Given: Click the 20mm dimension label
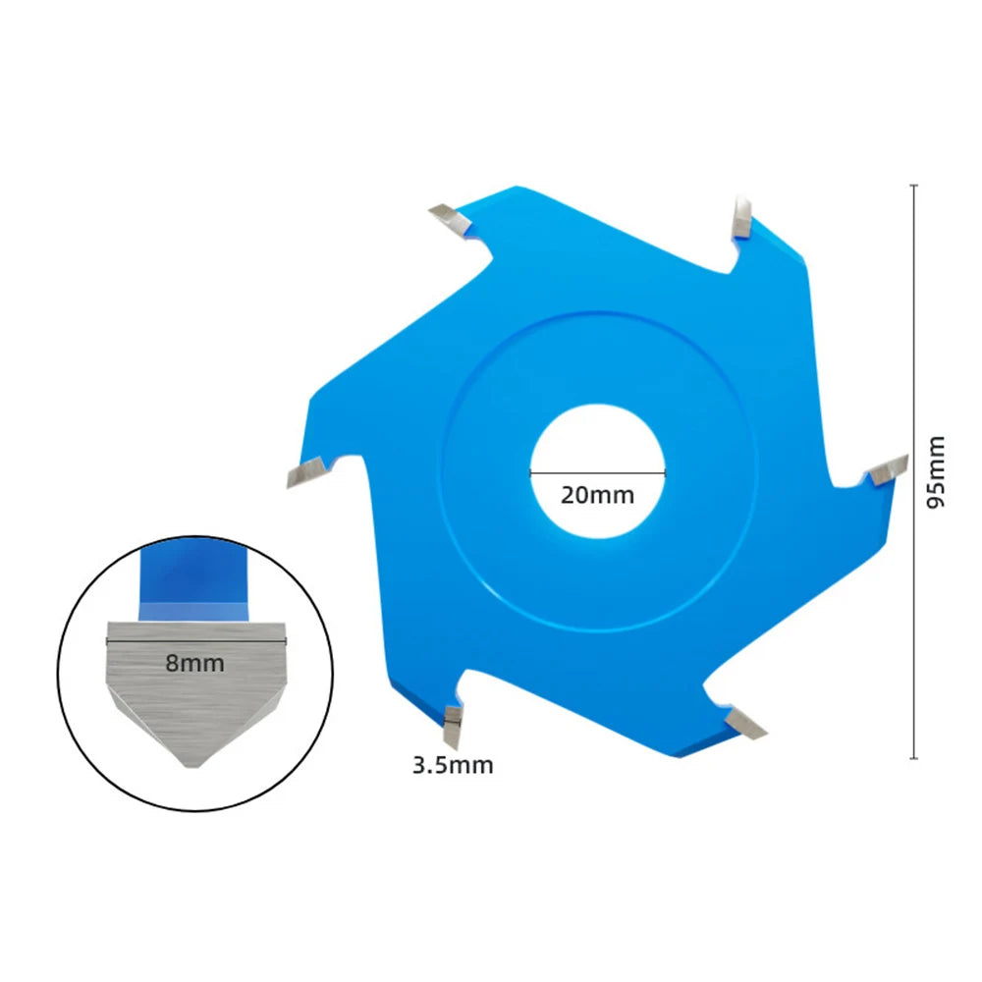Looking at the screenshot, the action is click(597, 495).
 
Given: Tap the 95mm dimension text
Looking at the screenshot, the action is click(935, 471).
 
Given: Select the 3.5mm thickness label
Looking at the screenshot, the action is click(453, 765).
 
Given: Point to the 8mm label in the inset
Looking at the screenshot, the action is click(194, 663).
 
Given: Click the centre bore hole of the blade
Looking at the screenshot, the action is click(597, 471).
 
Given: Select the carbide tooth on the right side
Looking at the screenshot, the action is click(887, 470).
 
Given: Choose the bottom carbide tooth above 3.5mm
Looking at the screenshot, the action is click(452, 727).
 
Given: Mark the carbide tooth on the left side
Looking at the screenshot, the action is click(306, 472).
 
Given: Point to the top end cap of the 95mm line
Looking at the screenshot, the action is click(913, 186).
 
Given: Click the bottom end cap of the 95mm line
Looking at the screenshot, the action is click(913, 758).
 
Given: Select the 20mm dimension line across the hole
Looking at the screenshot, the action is click(597, 473).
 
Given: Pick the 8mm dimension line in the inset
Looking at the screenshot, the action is click(196, 641).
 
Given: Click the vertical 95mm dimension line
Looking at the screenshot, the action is click(913, 471).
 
